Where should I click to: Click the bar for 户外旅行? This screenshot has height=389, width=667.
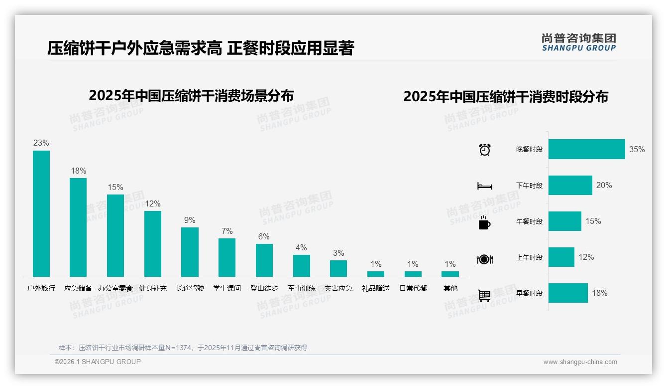click(x=41, y=213)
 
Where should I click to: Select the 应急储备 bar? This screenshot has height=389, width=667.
click(x=78, y=227)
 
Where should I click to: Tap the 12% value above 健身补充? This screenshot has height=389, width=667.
click(x=153, y=203)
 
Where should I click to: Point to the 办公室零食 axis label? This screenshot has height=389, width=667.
click(x=115, y=288)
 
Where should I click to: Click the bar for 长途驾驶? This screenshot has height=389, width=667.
click(x=190, y=252)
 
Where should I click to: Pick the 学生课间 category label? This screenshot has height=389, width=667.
click(x=227, y=288)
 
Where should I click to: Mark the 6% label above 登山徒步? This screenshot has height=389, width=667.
click(x=264, y=236)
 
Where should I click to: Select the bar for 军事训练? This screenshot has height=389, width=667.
click(x=301, y=266)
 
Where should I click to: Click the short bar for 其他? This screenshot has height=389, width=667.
click(x=450, y=274)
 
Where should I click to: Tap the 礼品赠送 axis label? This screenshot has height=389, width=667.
click(x=376, y=288)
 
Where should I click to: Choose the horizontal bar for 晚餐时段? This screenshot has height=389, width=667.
click(x=586, y=149)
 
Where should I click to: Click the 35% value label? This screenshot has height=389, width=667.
click(x=637, y=149)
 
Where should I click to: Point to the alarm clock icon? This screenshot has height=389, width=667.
click(x=485, y=150)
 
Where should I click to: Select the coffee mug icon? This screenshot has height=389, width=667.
click(x=484, y=222)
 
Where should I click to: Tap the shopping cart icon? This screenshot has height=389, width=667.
click(x=484, y=295)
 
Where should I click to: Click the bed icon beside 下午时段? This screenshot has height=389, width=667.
click(x=484, y=186)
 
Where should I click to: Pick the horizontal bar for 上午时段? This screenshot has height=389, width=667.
click(x=561, y=257)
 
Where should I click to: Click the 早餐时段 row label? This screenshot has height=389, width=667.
click(x=529, y=293)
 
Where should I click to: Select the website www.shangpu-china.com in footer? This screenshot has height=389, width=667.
click(x=580, y=362)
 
